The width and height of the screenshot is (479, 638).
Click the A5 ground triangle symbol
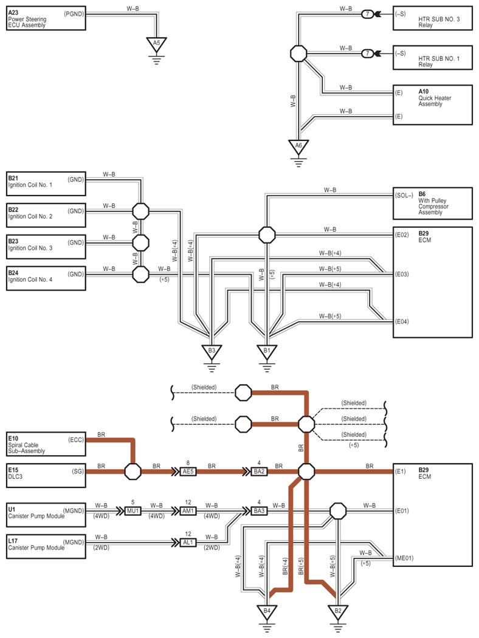156,44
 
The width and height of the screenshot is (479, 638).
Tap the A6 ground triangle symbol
298,147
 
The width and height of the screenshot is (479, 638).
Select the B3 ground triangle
212,352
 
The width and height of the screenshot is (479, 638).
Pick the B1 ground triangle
267,352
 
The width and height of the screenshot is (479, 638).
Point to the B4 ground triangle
267,612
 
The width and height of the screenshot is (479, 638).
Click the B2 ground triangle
338,612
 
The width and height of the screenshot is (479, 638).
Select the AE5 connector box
188,472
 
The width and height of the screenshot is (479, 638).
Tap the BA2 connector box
259,472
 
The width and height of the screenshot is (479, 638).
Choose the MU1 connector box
133,511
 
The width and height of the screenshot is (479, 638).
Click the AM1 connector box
188,511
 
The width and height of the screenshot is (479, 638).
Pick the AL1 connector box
188,543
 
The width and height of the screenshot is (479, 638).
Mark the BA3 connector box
259,511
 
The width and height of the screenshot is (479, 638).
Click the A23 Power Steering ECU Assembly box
46,18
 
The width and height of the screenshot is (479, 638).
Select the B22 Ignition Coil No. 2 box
46,215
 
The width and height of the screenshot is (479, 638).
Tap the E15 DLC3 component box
46,475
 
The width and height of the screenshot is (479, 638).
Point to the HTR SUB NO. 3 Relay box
433,18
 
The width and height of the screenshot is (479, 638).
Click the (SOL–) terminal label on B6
404,195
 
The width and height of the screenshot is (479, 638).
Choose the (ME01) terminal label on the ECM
404,558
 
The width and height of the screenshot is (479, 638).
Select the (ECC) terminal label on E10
76,440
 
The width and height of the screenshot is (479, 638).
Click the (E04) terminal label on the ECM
402,321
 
